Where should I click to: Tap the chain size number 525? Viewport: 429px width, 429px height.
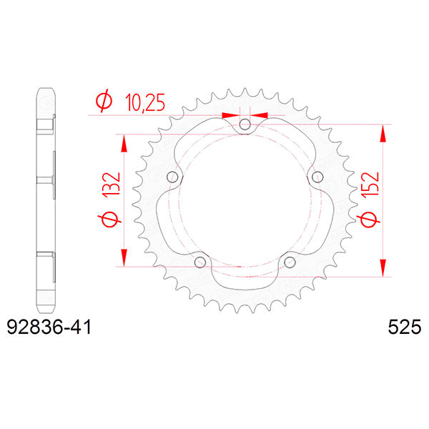(x=405, y=328)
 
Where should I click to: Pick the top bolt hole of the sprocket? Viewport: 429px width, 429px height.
(x=245, y=125)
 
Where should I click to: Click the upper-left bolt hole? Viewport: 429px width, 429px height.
(x=172, y=178)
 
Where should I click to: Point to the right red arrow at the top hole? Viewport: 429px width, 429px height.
(x=260, y=114)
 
